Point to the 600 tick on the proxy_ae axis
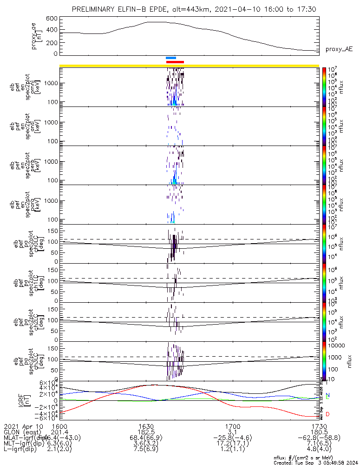[x=52, y=18]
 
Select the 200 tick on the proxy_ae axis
[x=52, y=42]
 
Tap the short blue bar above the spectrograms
[x=171, y=58]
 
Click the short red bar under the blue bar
[x=175, y=62]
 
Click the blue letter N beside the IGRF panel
[x=327, y=395]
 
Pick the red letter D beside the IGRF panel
[x=327, y=414]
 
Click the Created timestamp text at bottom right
[x=316, y=462]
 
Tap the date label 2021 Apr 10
[x=23, y=426]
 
